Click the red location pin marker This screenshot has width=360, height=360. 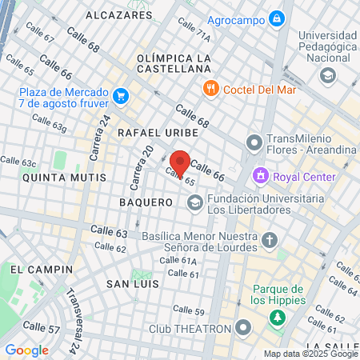(180, 162)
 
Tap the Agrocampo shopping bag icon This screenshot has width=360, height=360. (276, 17)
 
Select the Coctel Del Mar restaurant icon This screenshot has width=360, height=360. (212, 88)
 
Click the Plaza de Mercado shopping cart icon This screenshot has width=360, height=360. (121, 97)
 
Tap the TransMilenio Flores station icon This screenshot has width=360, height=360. (254, 143)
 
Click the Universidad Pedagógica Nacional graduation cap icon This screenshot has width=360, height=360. (326, 76)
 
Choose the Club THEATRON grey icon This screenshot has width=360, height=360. (244, 328)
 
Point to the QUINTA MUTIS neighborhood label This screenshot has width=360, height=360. (53, 178)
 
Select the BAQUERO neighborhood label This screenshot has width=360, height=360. (146, 202)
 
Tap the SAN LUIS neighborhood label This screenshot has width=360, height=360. (132, 284)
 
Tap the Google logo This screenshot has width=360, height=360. (26, 350)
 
